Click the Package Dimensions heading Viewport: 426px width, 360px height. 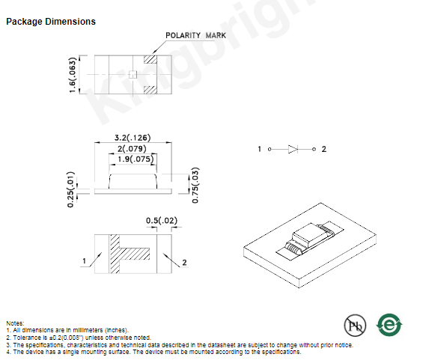51,22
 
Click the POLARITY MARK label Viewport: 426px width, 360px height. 195,35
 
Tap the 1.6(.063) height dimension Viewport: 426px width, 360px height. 73,75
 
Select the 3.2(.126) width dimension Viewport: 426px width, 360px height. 133,138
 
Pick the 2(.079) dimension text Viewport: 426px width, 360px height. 132,149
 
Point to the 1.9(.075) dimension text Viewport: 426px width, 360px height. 136,159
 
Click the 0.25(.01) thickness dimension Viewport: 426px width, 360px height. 70,189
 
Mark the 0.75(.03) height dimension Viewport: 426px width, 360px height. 195,185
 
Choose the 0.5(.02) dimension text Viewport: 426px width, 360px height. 162,220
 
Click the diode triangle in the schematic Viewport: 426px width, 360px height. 293,149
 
